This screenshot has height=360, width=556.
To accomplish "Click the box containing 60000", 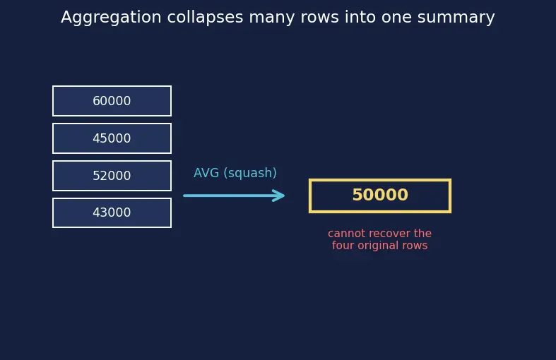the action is click(112, 101).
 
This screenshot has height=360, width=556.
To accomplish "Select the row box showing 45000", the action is click(112, 138).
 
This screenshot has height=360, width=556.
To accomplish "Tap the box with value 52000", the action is click(112, 176).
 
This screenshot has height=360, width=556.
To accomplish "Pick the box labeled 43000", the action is click(112, 212).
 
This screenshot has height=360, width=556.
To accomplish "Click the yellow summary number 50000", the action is click(380, 195).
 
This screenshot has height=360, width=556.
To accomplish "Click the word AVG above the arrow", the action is click(206, 173).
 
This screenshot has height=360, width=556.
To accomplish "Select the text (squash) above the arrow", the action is click(250, 173).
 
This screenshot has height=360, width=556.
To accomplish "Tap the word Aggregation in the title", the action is click(111, 18).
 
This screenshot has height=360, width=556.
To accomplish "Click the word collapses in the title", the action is click(205, 18).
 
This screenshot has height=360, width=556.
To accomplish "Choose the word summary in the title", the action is click(456, 18).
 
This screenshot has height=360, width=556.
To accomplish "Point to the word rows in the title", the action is click(319, 18).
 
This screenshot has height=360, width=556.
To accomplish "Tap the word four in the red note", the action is click(343, 245).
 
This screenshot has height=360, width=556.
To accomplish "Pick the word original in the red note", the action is click(381, 246).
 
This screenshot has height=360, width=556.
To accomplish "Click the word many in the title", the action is click(271, 18).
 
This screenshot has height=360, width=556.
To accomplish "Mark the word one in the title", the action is click(396, 18).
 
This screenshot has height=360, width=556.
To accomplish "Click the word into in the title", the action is click(360, 18).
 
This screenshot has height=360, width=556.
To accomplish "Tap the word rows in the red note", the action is click(418, 246).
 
